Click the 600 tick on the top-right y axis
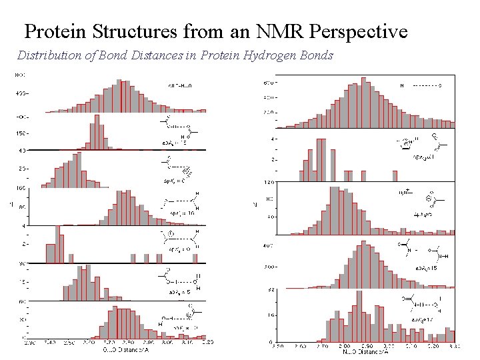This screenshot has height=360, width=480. [x=266, y=83]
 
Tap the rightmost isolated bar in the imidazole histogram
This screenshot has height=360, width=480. [x=363, y=175]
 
